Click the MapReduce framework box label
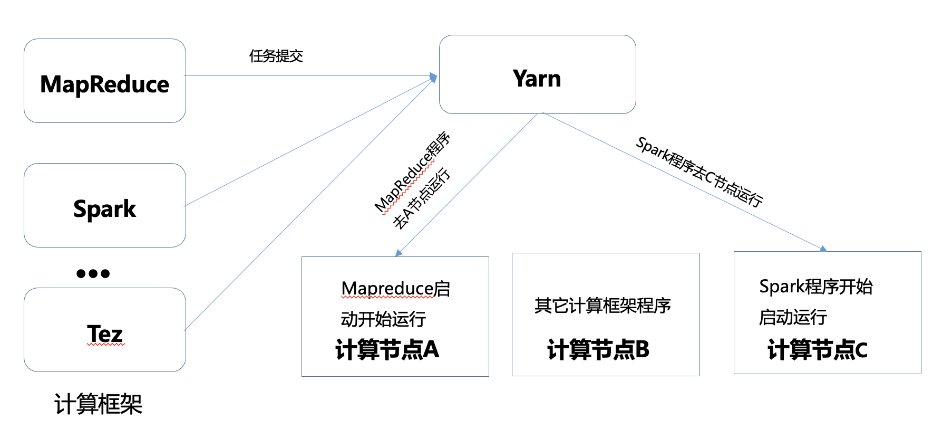tap(105, 84)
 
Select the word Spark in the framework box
tap(105, 209)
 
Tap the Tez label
tap(105, 334)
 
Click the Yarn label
tap(537, 79)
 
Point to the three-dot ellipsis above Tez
tap(93, 273)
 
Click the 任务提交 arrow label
tap(276, 56)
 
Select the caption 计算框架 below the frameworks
tap(99, 404)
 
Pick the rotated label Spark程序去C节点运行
tap(699, 172)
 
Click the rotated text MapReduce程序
tap(412, 172)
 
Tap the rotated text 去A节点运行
tap(422, 198)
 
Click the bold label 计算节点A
tap(387, 349)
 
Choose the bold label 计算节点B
tap(598, 349)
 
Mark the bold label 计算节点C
tap(818, 349)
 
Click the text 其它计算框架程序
tap(603, 306)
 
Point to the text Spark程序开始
tap(816, 287)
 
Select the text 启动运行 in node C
tap(793, 317)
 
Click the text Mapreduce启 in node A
tap(396, 289)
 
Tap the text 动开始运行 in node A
tap(383, 319)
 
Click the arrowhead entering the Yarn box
tap(434, 78)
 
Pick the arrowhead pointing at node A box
tap(399, 253)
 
